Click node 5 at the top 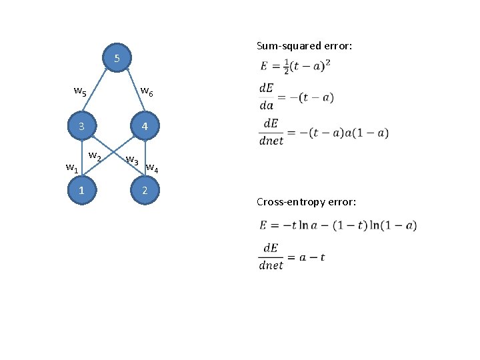117,59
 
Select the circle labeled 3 81,127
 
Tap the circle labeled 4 145,127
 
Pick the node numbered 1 81,191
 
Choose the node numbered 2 145,191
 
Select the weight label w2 95,157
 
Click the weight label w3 132,160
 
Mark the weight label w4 152,167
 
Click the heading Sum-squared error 304,46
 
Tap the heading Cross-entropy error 306,201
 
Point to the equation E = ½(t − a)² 296,66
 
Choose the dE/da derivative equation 296,97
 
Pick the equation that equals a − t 292,257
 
